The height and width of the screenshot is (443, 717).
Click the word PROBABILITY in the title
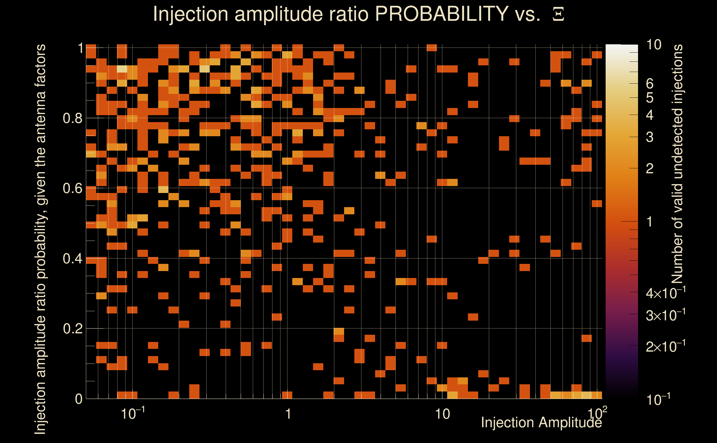441,14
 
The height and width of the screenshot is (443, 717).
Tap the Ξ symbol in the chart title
558,14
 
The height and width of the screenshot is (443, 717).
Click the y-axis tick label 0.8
72,119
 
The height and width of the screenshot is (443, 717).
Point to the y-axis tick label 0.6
72,188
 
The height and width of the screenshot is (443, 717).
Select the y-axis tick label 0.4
72,259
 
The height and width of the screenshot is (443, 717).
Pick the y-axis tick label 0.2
72,329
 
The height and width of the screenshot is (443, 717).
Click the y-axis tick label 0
79,399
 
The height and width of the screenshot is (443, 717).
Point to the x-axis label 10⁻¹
132,414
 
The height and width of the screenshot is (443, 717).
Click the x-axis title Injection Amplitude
541,423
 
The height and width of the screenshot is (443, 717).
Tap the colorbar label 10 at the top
654,45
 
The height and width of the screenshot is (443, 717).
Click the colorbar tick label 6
650,84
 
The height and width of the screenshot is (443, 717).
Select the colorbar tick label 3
650,137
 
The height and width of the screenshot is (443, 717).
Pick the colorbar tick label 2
650,169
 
